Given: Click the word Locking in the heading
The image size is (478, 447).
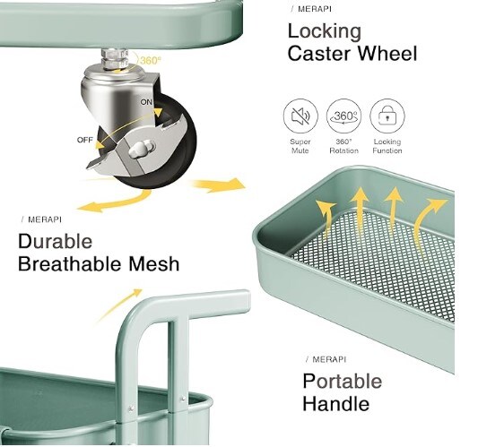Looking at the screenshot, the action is [x=325, y=32].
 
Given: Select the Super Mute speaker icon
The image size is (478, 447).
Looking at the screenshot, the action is [x=300, y=116].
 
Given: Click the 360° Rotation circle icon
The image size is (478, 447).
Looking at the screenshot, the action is [x=343, y=116].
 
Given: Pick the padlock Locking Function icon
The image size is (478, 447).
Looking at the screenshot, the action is [x=387, y=116].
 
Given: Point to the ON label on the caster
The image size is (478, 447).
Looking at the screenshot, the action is [x=146, y=102].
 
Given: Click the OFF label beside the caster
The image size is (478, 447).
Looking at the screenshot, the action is [x=84, y=140].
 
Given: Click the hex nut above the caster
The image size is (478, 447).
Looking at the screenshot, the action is [x=114, y=59].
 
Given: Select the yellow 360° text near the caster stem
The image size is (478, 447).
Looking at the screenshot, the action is [x=150, y=61].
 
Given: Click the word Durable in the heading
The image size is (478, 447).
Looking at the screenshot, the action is [x=56, y=242].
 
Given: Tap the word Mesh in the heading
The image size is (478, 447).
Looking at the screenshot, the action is [x=153, y=263].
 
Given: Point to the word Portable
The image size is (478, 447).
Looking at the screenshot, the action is [x=342, y=381].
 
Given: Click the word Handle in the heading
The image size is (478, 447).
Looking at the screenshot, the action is [x=336, y=403].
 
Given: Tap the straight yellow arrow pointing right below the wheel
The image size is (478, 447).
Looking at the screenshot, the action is [x=218, y=185].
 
